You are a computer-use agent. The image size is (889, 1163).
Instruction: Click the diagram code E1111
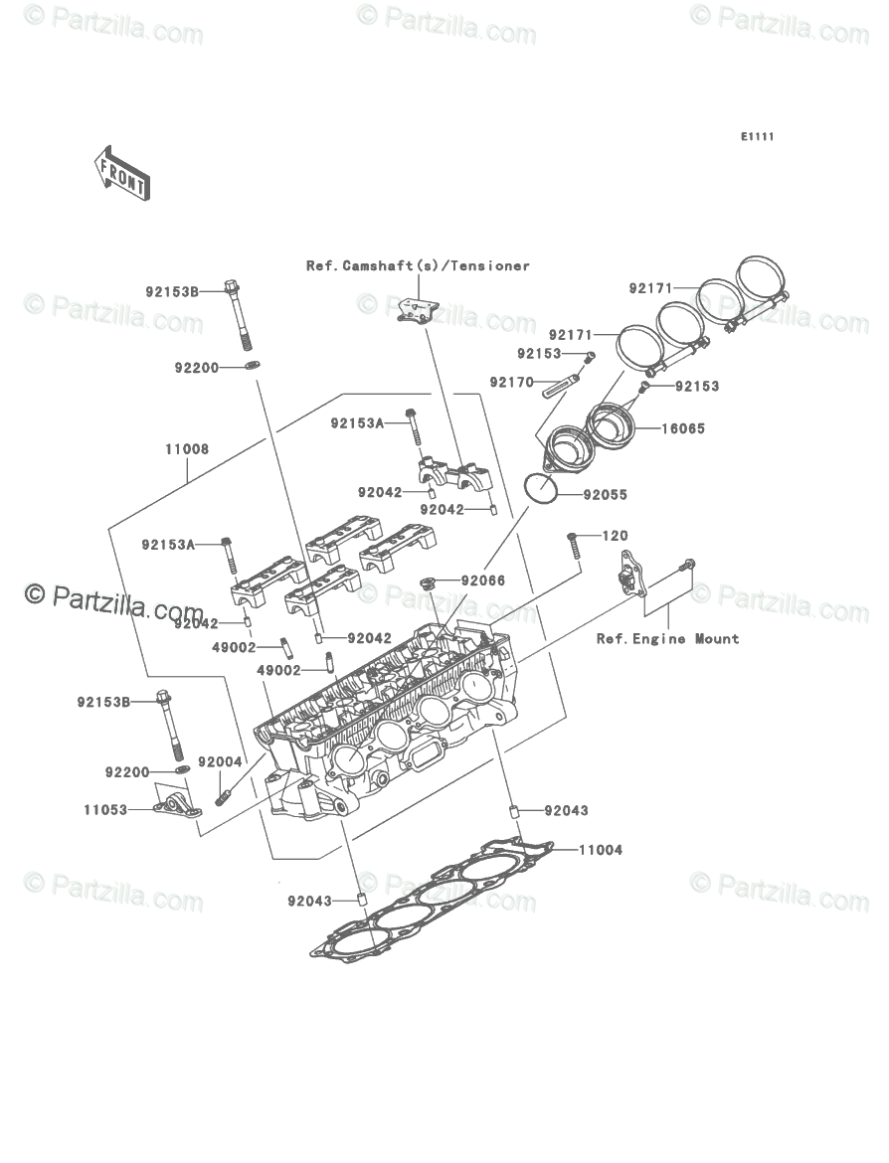coord(756,137)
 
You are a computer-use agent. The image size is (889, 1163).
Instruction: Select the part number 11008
coord(187,449)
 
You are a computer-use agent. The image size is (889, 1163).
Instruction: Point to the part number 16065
coord(683,429)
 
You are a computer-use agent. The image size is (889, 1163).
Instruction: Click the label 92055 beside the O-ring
coord(605,494)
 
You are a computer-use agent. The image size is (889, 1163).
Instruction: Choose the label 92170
coord(511,382)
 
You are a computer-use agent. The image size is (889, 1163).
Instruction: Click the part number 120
coord(616,537)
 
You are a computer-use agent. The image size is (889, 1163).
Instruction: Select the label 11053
coord(105,810)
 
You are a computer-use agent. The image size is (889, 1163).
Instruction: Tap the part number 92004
coord(220,762)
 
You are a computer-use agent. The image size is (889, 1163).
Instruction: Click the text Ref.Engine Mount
coord(667,639)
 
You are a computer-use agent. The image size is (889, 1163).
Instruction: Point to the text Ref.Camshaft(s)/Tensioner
coord(418,265)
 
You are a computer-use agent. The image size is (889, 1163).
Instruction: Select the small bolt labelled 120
coord(573,544)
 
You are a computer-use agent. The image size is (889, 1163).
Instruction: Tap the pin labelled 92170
coord(564,386)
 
